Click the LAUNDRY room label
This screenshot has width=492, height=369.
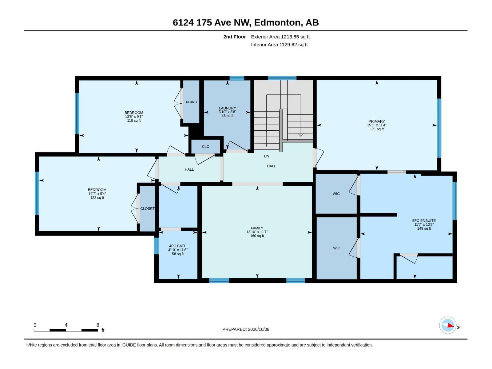tap(227, 108)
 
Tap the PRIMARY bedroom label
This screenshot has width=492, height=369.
tap(376, 121)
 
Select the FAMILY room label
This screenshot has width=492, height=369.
tap(257, 228)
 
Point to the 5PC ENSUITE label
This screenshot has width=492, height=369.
tap(424, 220)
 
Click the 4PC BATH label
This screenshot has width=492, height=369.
tap(178, 246)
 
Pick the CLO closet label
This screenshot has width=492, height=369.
tap(205, 147)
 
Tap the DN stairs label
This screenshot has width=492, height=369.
tap(266, 156)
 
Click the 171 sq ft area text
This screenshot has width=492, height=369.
tap(377, 129)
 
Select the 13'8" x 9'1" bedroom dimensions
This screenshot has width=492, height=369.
tap(134, 117)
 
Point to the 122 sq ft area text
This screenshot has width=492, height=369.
tap(97, 198)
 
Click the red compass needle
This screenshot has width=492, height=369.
tap(450, 325)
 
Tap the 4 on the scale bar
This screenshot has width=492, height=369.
tap(66, 325)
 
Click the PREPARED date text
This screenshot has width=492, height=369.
tap(246, 329)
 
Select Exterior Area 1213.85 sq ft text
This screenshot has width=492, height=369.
tap(280, 37)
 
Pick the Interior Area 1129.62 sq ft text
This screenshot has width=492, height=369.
tap(279, 45)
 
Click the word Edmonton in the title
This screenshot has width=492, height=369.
tap(277, 23)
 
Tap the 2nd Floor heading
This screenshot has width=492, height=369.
tap(234, 37)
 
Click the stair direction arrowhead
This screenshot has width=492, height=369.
tap(300, 135)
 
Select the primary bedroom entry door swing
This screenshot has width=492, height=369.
tap(319, 158)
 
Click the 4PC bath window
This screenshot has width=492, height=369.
tap(156, 246)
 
